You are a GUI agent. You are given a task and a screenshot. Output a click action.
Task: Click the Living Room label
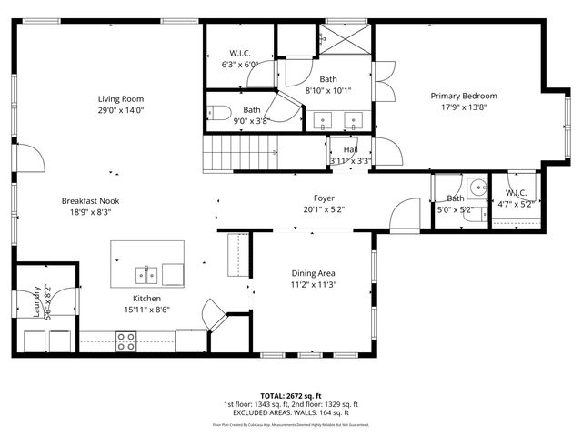(x=122, y=98)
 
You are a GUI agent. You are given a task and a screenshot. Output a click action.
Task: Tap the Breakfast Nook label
(x=90, y=201)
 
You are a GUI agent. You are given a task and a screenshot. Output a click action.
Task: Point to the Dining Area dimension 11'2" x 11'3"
(x=314, y=284)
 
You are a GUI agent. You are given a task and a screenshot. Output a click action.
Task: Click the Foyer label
(x=324, y=198)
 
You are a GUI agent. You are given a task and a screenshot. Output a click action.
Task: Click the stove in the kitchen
(x=126, y=341)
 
